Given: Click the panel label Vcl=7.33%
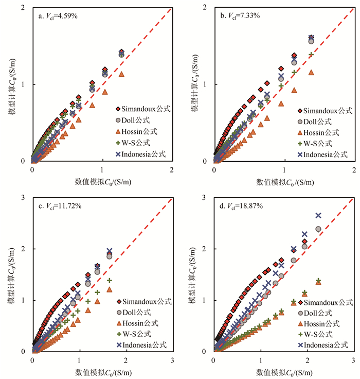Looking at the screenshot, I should [240, 15].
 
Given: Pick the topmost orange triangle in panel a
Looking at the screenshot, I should [122, 74].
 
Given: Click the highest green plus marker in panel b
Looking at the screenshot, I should [311, 54].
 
